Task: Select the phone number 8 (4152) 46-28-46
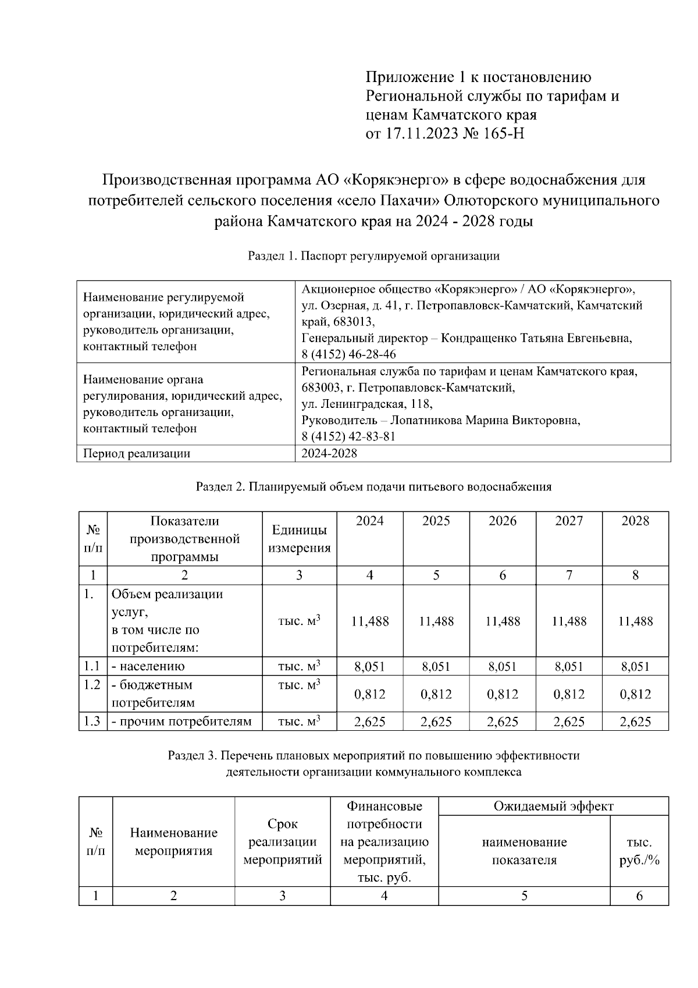pos(349,354)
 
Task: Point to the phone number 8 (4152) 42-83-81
pos(349,436)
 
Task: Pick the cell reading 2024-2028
pos(329,453)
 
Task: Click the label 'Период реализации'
pos(137,453)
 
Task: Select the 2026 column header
pos(503,521)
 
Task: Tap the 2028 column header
pos(635,521)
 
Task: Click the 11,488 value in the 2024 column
pos(370,621)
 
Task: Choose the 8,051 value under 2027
pos(569,667)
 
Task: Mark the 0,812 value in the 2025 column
pos(436,694)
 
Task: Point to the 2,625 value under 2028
pos(635,722)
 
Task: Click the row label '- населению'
pos(148,667)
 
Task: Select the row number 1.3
pos(92,722)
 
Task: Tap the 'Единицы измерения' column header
pos(299,539)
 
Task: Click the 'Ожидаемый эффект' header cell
pos(553,806)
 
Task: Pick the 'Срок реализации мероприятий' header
pos(282,842)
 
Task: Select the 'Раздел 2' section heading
pos(373,487)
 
